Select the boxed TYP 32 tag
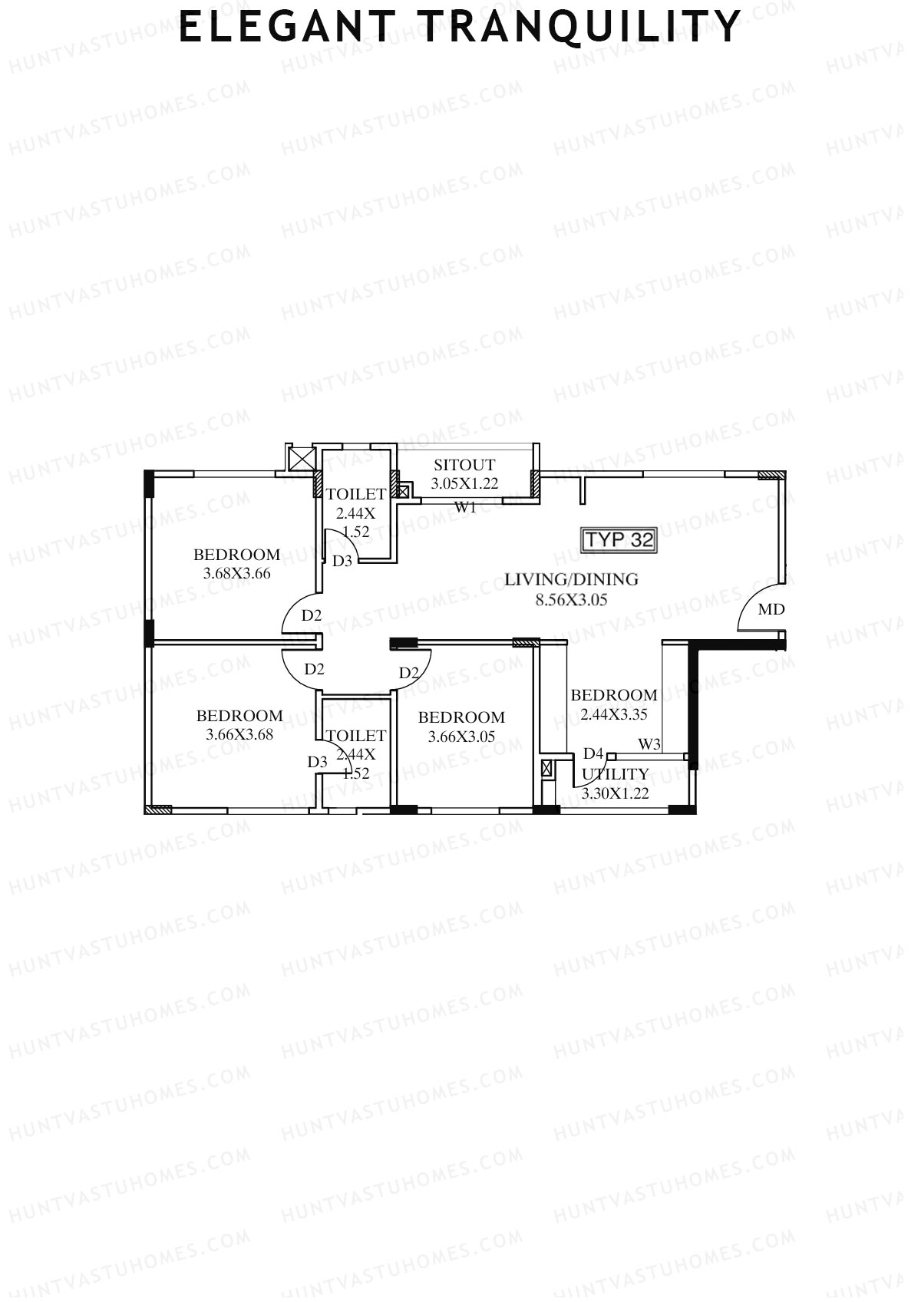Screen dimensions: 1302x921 (x=619, y=540)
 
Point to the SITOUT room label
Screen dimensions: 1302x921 (x=464, y=465)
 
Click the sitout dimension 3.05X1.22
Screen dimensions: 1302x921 (x=464, y=483)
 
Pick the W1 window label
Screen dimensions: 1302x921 (x=465, y=507)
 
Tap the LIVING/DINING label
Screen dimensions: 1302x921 (x=571, y=579)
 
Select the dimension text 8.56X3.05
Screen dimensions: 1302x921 (x=571, y=599)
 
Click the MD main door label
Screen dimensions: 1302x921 (x=771, y=609)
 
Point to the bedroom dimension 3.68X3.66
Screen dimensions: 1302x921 (x=236, y=573)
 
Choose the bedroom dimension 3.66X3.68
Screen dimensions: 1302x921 (x=239, y=734)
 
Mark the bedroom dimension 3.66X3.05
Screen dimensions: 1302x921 (x=461, y=737)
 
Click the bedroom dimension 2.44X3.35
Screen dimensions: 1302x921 (x=614, y=714)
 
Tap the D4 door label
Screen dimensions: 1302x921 (x=593, y=753)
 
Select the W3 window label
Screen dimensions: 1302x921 (x=649, y=744)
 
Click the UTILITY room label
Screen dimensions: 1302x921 (x=616, y=774)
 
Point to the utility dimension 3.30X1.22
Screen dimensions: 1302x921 (x=616, y=794)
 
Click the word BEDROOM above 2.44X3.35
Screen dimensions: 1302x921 (x=614, y=695)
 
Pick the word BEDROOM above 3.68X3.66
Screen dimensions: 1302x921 (x=236, y=554)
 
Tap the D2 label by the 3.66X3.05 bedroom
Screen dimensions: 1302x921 (x=409, y=673)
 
